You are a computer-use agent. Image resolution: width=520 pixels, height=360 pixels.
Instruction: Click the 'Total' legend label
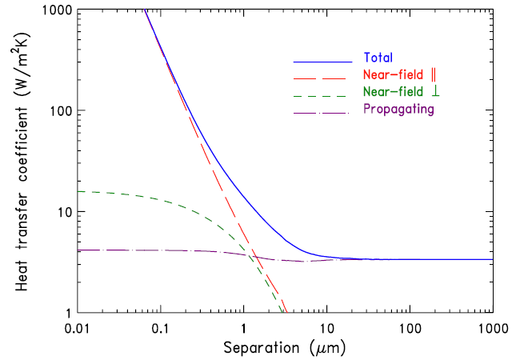377,58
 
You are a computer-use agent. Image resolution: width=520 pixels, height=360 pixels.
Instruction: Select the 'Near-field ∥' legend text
395,76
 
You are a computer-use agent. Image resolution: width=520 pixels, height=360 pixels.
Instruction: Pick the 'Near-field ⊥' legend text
395,93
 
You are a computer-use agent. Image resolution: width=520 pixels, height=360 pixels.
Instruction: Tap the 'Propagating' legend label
398,110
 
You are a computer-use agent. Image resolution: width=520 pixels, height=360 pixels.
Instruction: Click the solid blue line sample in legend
322,61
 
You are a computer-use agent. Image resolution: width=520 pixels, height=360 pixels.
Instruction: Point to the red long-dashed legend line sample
322,78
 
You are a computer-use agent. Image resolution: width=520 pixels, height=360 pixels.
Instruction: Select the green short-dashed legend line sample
322,94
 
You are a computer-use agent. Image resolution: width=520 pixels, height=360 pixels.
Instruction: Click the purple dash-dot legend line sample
322,111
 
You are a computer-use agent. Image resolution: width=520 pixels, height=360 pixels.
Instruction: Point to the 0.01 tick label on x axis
78,329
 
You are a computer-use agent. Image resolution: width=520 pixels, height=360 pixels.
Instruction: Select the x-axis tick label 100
410,329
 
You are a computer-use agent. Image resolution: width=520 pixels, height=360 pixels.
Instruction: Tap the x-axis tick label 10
326,329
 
